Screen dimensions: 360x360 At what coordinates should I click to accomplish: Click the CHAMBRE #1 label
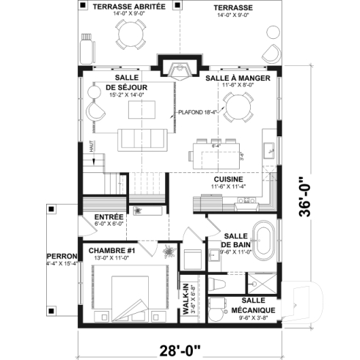[x=109, y=251]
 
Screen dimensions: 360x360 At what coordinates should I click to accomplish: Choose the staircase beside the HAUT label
[x=103, y=179]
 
